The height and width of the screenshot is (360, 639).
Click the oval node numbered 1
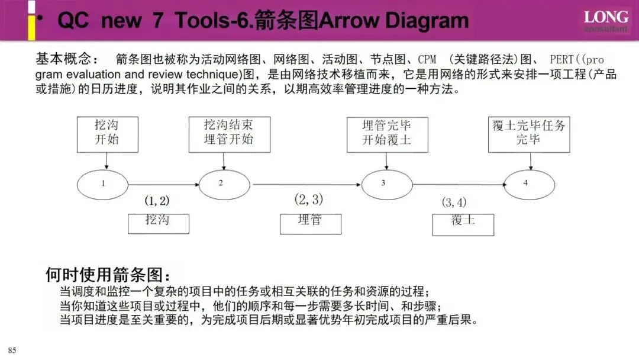tap(102, 183)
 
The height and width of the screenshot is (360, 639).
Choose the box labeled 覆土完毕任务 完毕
tap(528, 134)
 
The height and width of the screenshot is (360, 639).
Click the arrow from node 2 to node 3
tap(306, 184)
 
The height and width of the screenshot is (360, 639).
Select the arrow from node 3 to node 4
tap(459, 184)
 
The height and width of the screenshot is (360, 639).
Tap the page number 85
tap(12, 351)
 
